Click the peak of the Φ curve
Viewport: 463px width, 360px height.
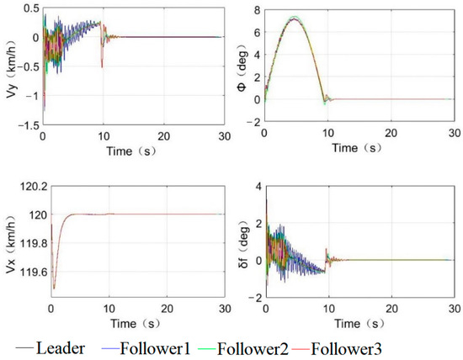tap(293, 17)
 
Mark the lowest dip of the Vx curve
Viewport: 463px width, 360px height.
tap(54, 289)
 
